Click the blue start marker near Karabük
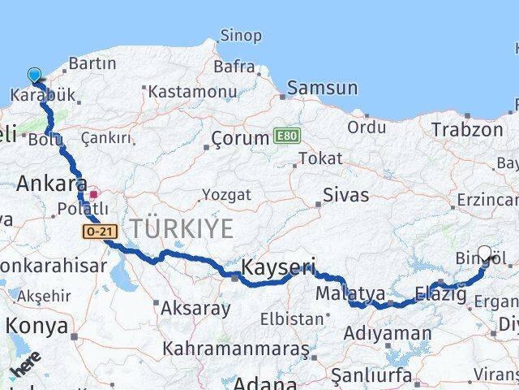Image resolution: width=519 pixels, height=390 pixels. click(34, 76)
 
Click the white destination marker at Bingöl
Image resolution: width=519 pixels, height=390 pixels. click(485, 253)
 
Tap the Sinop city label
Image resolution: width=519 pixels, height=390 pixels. click(241, 36)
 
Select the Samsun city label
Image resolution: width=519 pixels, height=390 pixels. click(322, 88)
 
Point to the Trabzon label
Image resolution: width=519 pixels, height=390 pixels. click(467, 129)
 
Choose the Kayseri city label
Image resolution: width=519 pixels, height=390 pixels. click(278, 267)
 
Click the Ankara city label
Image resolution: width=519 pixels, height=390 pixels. click(51, 182)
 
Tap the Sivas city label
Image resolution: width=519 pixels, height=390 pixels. click(345, 195)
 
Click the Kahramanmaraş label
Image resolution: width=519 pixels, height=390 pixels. click(235, 349)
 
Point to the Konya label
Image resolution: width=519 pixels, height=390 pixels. click(36, 326)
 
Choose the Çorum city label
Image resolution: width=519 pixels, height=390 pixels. click(240, 138)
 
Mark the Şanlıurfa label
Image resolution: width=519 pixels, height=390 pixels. click(371, 375)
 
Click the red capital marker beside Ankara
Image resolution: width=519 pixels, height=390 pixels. click(94, 194)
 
